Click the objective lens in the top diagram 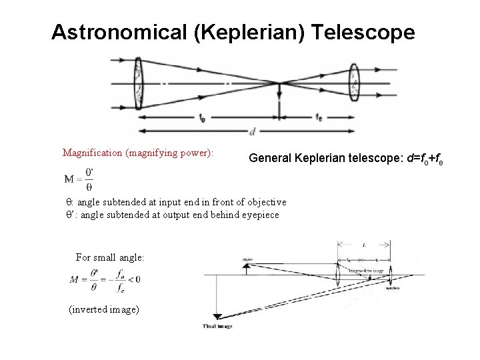tap(139, 81)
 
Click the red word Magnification tap(93, 153)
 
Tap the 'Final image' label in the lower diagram tap(217, 327)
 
